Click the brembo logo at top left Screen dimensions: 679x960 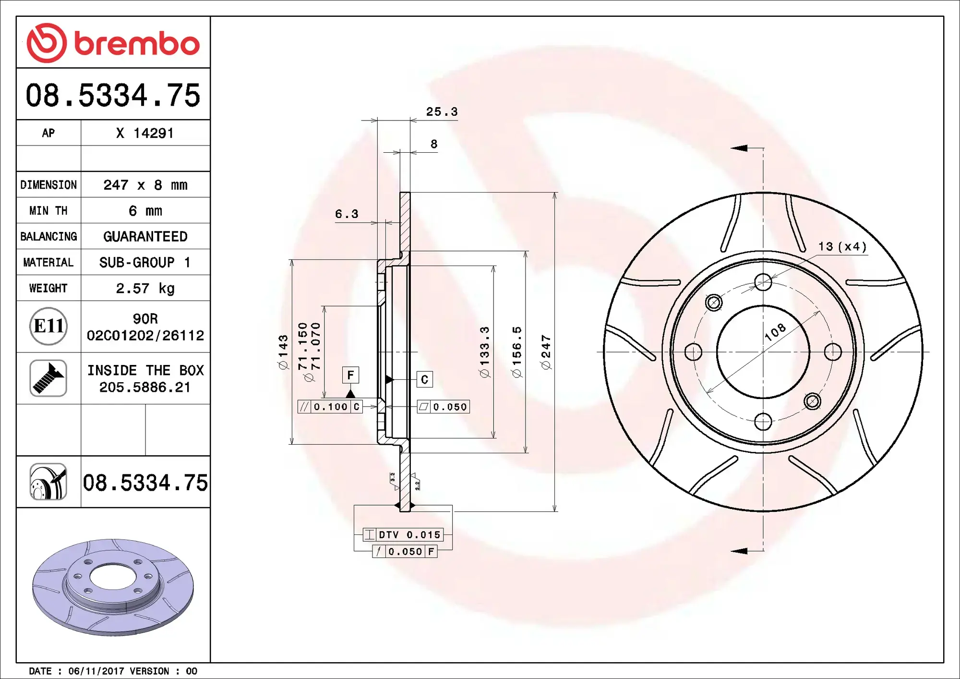(x=113, y=43)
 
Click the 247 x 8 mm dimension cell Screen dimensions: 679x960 (x=145, y=185)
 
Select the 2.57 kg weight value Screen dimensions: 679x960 (x=145, y=288)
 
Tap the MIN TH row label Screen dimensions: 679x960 (x=48, y=211)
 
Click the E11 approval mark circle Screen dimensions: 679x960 (x=48, y=327)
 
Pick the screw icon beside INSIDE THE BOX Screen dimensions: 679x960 (x=48, y=378)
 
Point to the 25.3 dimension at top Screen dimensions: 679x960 (x=442, y=112)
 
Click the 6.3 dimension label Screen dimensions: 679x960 (x=347, y=214)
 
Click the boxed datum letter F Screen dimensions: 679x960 (x=350, y=375)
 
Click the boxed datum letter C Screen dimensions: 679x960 (x=424, y=379)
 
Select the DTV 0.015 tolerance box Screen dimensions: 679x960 (x=403, y=534)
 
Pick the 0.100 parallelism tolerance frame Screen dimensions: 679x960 (x=330, y=407)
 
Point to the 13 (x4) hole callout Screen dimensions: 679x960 (x=842, y=247)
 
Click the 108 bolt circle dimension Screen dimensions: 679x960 (x=775, y=332)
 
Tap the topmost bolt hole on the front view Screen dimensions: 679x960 (x=763, y=282)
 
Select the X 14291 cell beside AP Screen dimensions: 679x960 (x=145, y=133)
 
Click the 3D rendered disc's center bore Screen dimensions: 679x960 (x=113, y=576)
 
